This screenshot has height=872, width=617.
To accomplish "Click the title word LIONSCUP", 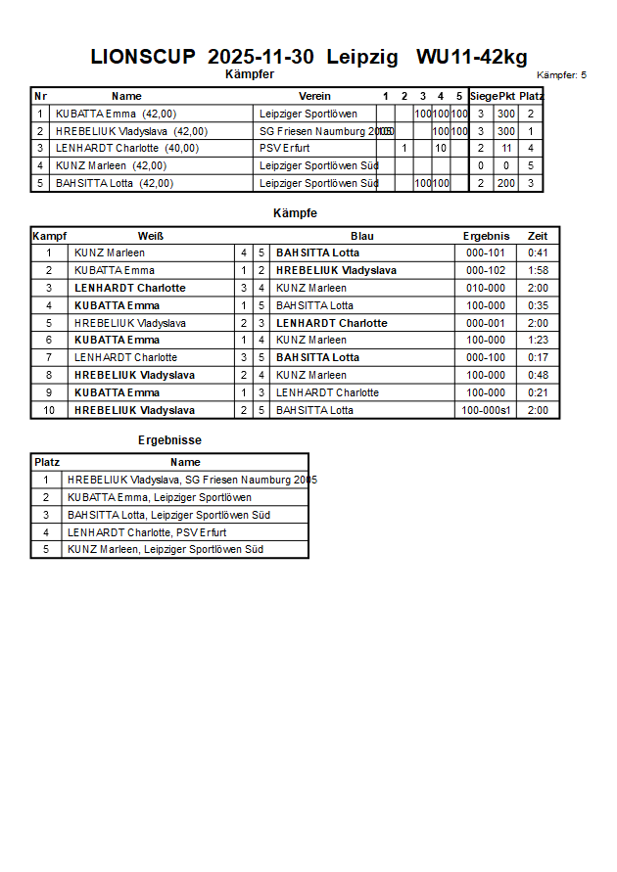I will point(143,57).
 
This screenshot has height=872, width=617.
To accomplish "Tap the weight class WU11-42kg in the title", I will point(471,57).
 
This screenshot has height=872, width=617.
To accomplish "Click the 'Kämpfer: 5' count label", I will point(561,75).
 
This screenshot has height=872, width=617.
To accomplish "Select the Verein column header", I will point(314,96).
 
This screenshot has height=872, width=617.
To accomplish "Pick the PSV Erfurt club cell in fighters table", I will point(285,149).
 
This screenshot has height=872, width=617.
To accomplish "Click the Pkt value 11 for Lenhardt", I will point(505,149).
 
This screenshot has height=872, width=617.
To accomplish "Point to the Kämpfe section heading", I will point(295,212).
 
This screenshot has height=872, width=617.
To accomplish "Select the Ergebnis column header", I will point(486,236).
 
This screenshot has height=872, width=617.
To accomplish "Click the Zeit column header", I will point(538,236).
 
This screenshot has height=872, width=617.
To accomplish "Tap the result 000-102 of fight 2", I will point(486,270).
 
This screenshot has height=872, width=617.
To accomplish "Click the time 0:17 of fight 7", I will point(538,358).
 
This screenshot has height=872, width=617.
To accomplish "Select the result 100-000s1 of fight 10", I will point(486,411).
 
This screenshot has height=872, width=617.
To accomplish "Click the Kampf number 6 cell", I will point(49,341).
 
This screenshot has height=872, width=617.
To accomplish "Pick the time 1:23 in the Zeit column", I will point(538,341).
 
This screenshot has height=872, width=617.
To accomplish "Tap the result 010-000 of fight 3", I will point(486,288).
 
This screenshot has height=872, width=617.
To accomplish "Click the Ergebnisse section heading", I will point(169,440).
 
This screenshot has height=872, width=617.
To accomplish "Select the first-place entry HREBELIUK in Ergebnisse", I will point(192,481).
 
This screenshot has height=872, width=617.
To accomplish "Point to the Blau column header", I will point(362,236).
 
